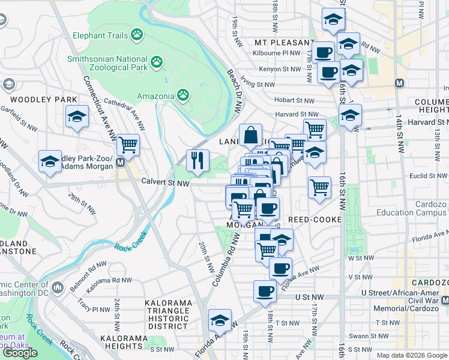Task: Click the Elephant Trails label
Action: point(100,35)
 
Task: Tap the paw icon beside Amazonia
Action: point(183,95)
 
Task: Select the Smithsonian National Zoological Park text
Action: point(107,63)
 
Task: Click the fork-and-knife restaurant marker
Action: point(197,160)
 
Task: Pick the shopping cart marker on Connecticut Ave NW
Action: point(128,145)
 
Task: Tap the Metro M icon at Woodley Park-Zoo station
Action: point(121,162)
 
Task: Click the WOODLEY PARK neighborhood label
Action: point(44,100)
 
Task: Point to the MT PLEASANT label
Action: point(277,43)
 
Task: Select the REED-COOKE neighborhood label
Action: point(318,220)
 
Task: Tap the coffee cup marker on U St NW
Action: point(265,292)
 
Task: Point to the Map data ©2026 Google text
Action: point(412,355)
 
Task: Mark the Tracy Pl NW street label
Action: point(91,308)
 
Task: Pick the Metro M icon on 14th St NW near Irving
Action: point(399,82)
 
